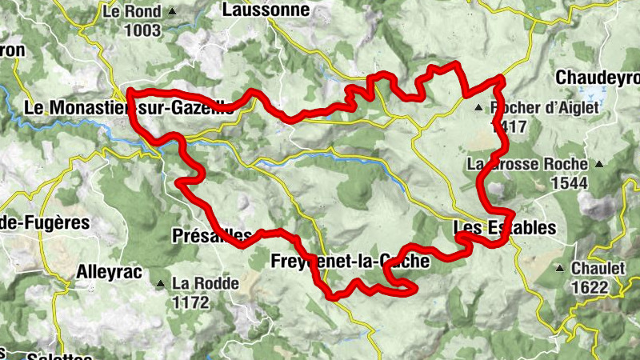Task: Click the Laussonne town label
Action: (x=254, y=10)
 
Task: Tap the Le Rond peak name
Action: (x=132, y=13)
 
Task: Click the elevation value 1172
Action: (x=190, y=302)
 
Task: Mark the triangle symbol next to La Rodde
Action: (x=162, y=284)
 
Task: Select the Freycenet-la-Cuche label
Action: (x=350, y=261)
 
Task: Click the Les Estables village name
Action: (x=504, y=228)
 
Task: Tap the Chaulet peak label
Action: (x=598, y=268)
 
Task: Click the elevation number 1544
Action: (x=570, y=183)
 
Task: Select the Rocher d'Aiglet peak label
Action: (x=545, y=107)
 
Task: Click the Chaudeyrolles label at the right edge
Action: (x=598, y=78)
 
